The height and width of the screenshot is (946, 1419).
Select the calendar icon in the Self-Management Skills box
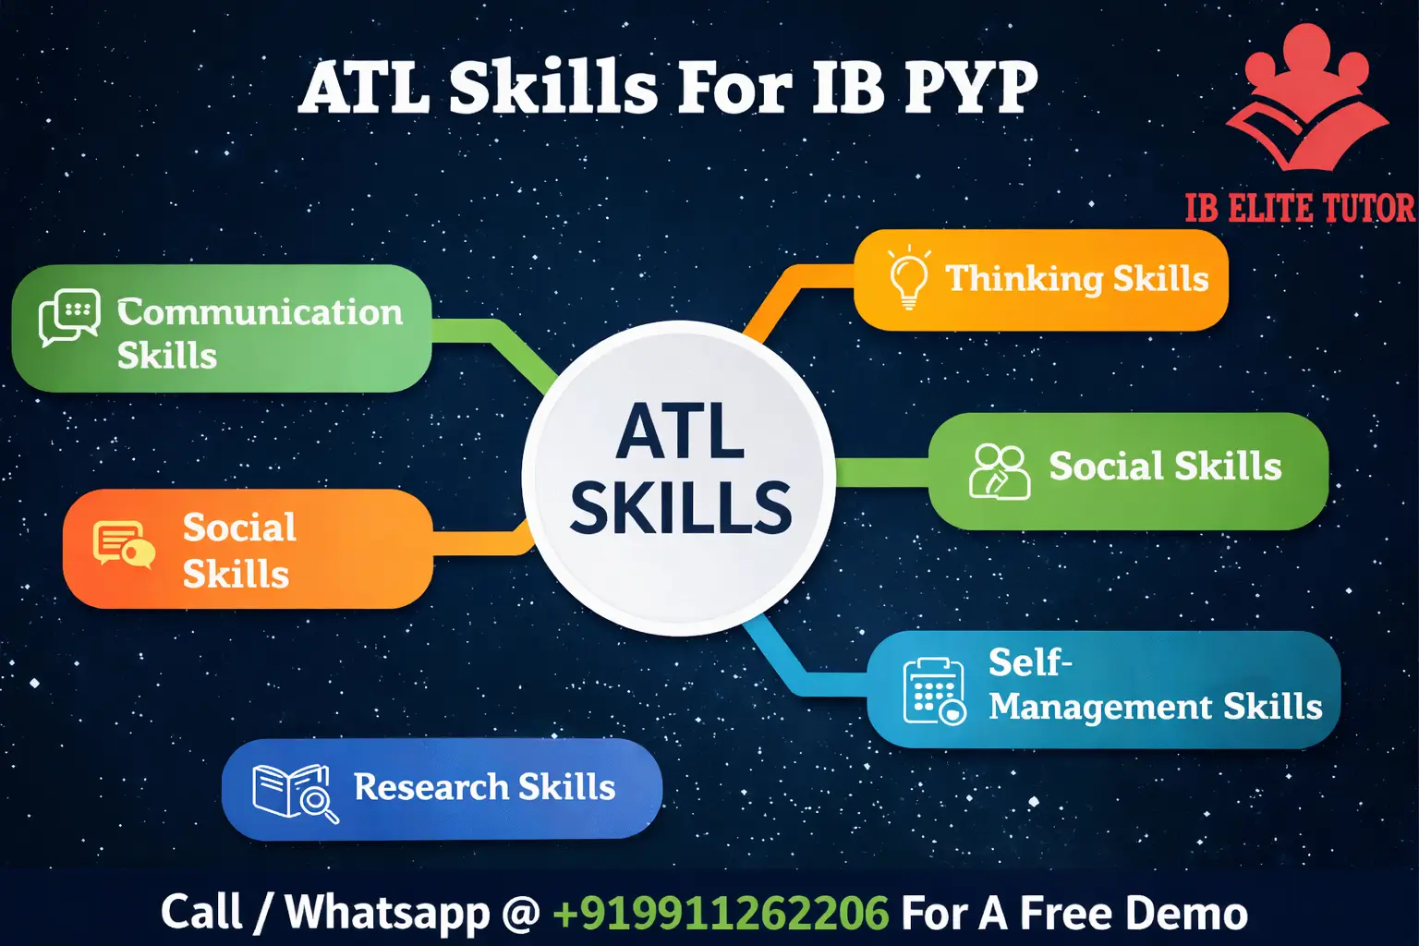pyautogui.click(x=934, y=691)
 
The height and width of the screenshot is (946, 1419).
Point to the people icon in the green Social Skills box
pyautogui.click(x=999, y=471)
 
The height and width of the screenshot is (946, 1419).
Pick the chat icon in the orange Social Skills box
pyautogui.click(x=123, y=544)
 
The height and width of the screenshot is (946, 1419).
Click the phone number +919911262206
pyautogui.click(x=721, y=913)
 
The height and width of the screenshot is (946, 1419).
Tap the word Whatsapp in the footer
pyautogui.click(x=387, y=913)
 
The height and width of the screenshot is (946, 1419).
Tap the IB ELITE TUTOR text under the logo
pyautogui.click(x=1300, y=209)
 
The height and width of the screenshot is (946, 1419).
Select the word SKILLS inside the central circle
pyautogui.click(x=681, y=507)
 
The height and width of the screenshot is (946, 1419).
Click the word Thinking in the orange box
pyautogui.click(x=1024, y=278)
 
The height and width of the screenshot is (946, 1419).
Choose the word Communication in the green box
pyautogui.click(x=261, y=312)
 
